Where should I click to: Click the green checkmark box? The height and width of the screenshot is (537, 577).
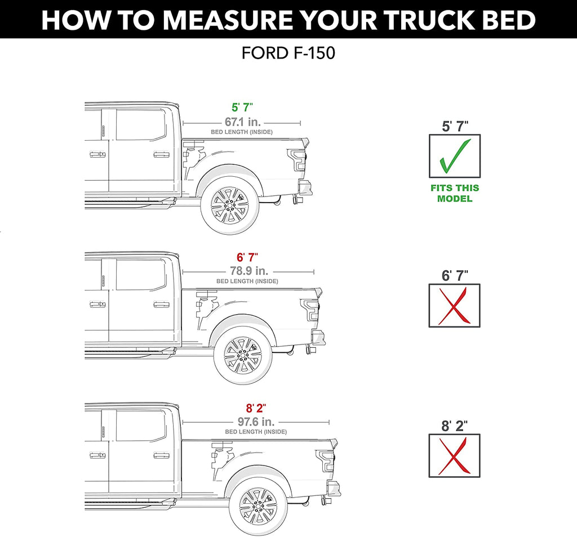pyautogui.click(x=455, y=156)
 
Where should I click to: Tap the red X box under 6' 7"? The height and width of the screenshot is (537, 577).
pyautogui.click(x=455, y=305)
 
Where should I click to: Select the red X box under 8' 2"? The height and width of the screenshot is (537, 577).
pyautogui.click(x=455, y=455)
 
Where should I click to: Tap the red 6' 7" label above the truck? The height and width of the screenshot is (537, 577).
pyautogui.click(x=247, y=257)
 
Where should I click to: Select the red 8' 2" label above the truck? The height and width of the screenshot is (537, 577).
pyautogui.click(x=255, y=408)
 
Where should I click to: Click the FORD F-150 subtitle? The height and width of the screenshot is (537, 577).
pyautogui.click(x=288, y=53)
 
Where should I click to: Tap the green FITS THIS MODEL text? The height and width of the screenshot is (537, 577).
pyautogui.click(x=455, y=193)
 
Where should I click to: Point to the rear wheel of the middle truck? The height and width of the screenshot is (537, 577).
pyautogui.click(x=242, y=355)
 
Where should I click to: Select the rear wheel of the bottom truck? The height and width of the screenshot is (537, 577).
pyautogui.click(x=258, y=505)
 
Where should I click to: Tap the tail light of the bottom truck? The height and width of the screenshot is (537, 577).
pyautogui.click(x=325, y=460)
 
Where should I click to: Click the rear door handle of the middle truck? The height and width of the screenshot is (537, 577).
pyautogui.click(x=161, y=305)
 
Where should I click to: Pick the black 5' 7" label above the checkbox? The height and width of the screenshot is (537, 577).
pyautogui.click(x=455, y=126)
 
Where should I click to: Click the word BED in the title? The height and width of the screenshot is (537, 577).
pyautogui.click(x=507, y=20)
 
